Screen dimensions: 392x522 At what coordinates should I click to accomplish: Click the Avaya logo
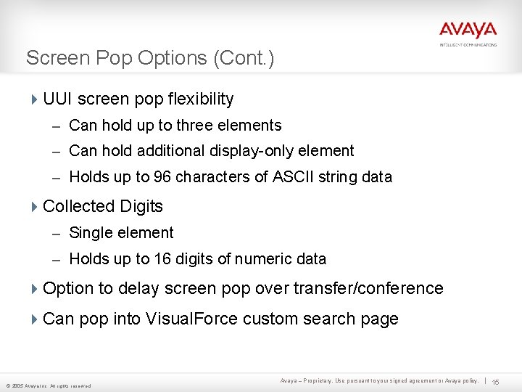[x=468, y=31]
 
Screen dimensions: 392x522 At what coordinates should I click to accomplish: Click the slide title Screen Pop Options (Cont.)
[x=150, y=58]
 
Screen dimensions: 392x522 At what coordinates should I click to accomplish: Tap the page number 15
[x=496, y=382]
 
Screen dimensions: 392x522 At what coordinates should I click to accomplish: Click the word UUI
[x=58, y=99]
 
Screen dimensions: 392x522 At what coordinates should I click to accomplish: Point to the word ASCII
[x=290, y=176]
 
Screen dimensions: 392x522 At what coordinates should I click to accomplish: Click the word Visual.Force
[x=192, y=319]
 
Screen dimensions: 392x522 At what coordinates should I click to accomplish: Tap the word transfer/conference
[x=368, y=288]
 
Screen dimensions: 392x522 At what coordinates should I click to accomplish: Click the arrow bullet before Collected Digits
[x=35, y=207]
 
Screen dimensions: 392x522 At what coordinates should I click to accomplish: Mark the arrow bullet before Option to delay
[x=35, y=289]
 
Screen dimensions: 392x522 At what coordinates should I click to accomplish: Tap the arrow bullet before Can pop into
[x=35, y=319]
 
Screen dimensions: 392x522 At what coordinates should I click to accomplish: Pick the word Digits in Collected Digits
[x=142, y=206]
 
